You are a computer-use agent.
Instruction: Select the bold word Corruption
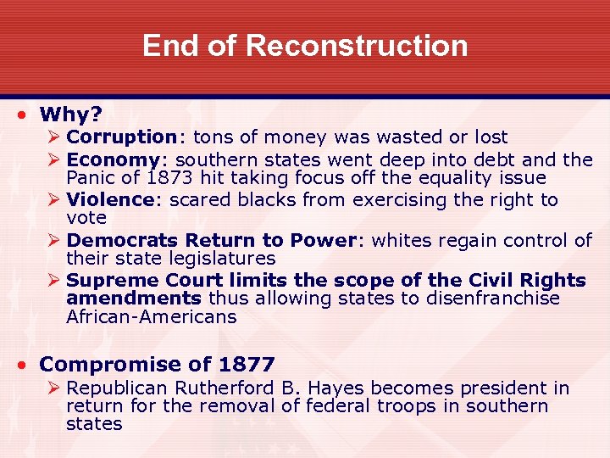(120, 137)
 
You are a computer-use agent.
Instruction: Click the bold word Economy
(112, 159)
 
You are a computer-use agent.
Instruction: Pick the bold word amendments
(133, 299)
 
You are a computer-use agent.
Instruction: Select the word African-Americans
(151, 317)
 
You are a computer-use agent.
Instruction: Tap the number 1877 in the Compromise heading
(246, 366)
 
